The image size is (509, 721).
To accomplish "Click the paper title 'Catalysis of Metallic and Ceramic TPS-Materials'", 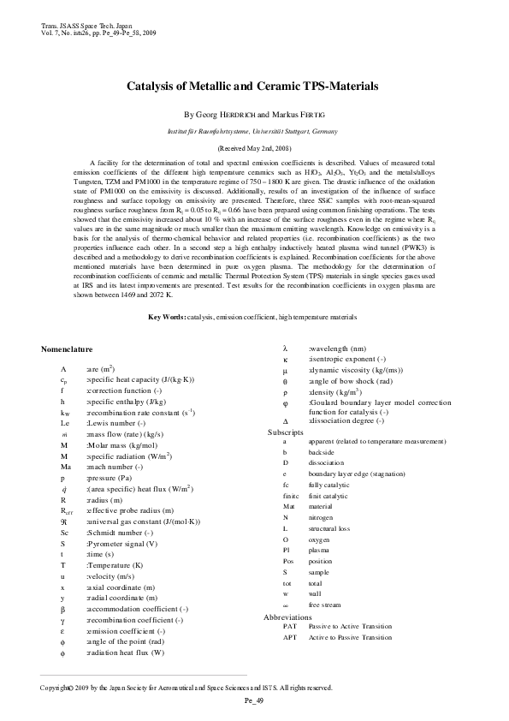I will [254, 87].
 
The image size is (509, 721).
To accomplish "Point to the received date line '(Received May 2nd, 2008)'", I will [254, 148].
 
